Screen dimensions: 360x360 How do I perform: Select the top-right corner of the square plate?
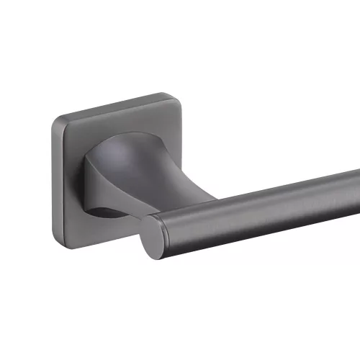(x=180, y=96)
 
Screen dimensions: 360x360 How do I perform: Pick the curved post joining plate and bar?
(x=133, y=173)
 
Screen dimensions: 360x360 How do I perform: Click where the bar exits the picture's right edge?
(x=357, y=209)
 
